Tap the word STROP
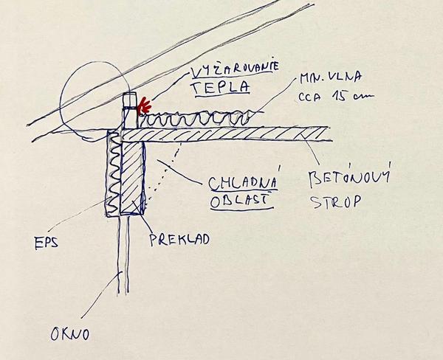coord(346,200)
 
